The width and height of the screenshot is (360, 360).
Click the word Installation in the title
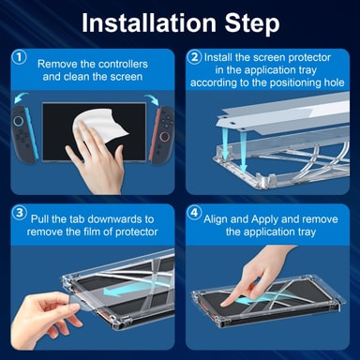[149, 22]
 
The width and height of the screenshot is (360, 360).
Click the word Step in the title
[252, 23]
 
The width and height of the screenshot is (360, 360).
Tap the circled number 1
[20, 57]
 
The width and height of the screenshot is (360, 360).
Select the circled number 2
[194, 57]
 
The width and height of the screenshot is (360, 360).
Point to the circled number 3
[20, 213]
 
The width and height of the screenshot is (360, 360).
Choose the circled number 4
[194, 213]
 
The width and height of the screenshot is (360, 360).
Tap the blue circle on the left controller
[18, 120]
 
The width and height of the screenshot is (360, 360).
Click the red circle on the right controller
[164, 136]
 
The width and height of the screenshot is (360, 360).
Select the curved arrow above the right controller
[152, 99]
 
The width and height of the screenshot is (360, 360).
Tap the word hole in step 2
[334, 82]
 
